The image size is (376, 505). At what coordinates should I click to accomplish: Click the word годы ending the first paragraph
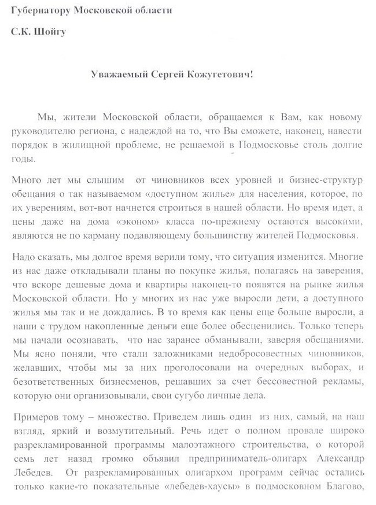coord(23,158)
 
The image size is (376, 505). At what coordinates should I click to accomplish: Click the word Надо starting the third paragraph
coord(24,256)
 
